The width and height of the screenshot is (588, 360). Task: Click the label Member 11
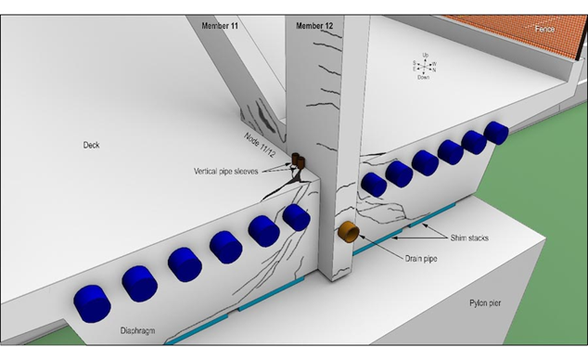[220, 26]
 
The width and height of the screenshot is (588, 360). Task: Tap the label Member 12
[314, 26]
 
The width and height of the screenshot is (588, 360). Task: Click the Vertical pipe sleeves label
[232, 172]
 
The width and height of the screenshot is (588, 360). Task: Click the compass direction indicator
[425, 66]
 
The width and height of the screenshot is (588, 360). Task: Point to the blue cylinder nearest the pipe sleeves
[296, 217]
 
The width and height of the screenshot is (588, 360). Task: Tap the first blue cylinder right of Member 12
[374, 183]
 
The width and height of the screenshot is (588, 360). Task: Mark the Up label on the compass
[425, 55]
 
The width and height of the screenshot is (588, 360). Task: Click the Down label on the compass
[423, 77]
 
